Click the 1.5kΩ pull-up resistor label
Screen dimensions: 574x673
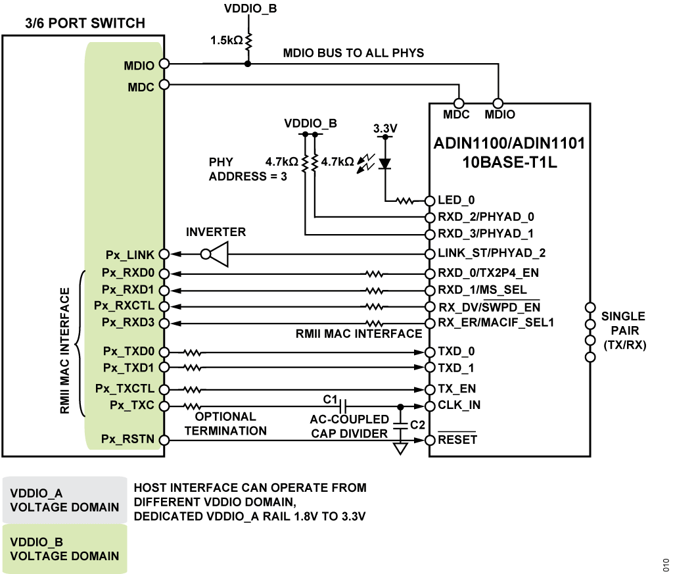click(x=227, y=40)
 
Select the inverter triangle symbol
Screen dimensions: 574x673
click(x=220, y=254)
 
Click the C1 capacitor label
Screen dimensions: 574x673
click(x=330, y=398)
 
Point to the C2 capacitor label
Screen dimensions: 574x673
click(x=417, y=425)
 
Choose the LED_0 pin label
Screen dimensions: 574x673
click(x=456, y=201)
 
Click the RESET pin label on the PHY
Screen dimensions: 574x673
click(x=457, y=440)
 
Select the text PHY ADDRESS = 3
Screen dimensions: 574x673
click(x=248, y=169)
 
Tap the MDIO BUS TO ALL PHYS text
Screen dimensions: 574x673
click(x=353, y=53)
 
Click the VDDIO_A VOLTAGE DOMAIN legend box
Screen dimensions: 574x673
click(x=63, y=499)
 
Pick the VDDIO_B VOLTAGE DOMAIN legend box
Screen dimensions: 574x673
click(x=63, y=548)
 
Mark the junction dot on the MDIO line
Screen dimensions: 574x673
click(x=248, y=64)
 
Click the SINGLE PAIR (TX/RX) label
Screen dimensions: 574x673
click(x=623, y=330)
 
